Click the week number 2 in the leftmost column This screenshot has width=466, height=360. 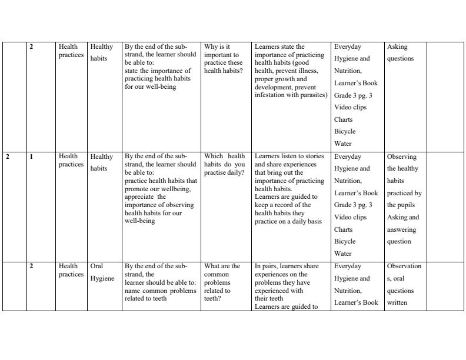click(x=8, y=156)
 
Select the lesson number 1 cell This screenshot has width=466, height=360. click(x=31, y=156)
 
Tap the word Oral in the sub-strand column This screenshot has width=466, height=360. click(x=96, y=266)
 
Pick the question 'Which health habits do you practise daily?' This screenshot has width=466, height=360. click(x=224, y=165)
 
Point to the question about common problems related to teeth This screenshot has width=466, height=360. click(x=222, y=278)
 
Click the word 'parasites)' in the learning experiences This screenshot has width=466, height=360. click(x=314, y=95)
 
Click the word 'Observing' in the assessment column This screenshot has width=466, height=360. click(x=402, y=156)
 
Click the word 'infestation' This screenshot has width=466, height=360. click(x=270, y=95)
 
